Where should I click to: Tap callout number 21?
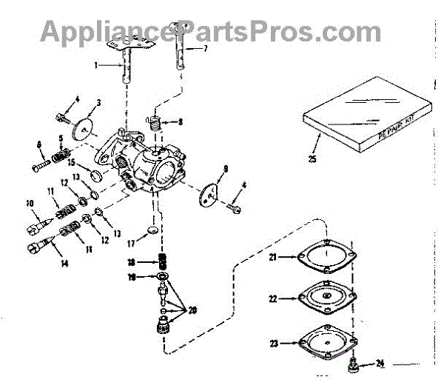(x=272, y=257)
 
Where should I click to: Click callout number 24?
(x=380, y=364)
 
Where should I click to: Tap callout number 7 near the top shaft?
(x=206, y=48)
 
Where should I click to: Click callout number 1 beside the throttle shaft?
(x=96, y=65)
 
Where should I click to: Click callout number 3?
(x=98, y=101)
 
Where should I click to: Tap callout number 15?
(x=72, y=162)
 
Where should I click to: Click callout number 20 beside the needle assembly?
(x=194, y=311)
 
